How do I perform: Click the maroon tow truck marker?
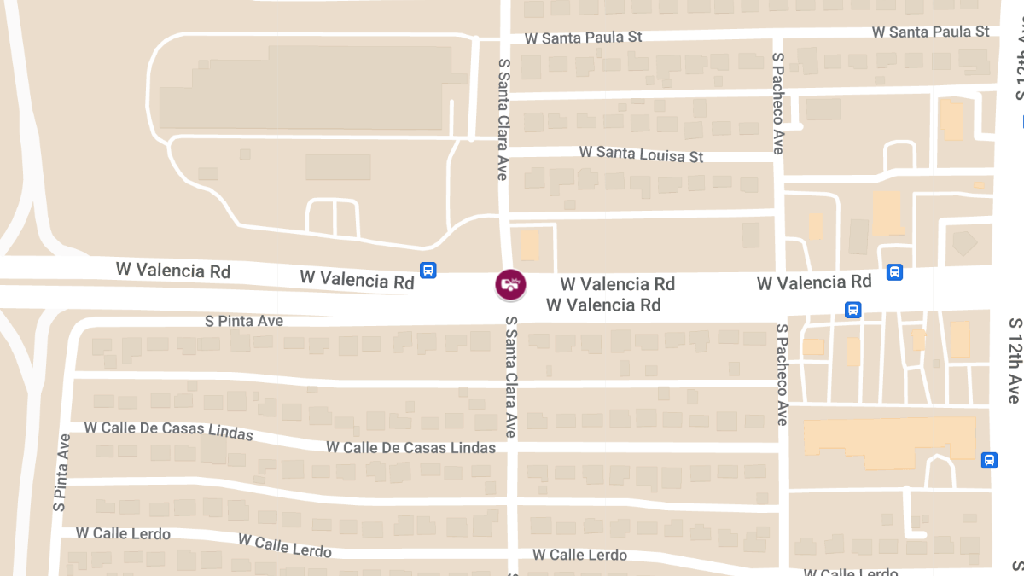pos(510,284)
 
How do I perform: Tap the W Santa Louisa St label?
pos(641,154)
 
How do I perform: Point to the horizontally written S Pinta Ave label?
pos(244,321)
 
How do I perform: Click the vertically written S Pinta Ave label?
pos(61,472)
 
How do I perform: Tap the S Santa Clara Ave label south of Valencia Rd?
pos(511,377)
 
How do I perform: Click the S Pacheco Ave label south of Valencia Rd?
pos(781,374)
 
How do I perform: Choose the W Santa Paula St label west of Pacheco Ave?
pos(583,38)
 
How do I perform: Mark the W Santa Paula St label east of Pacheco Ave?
pos(930,32)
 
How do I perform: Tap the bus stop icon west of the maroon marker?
pos(428,271)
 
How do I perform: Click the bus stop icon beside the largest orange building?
pos(989,460)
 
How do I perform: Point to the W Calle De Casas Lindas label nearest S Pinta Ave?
pos(169,430)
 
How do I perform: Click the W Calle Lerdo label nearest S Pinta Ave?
pos(123,533)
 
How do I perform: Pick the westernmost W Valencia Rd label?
pos(173,271)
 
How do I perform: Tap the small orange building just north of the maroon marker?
pos(529,245)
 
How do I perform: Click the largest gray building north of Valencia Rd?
pos(305,88)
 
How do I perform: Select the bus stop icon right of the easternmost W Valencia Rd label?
pos(894,272)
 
